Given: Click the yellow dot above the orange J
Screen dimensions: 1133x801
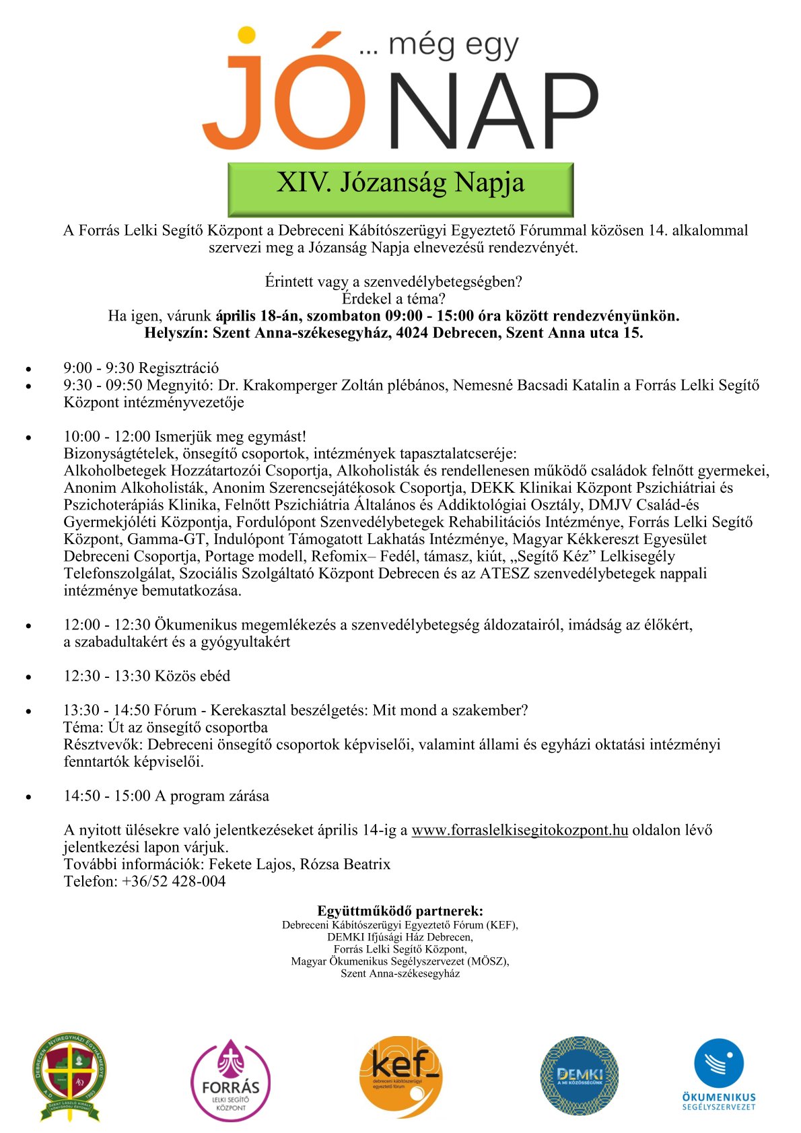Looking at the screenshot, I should pyautogui.click(x=246, y=34).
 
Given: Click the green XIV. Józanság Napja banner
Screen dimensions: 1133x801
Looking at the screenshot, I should pyautogui.click(x=401, y=183).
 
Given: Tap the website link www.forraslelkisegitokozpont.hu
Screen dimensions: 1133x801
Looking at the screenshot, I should pyautogui.click(x=520, y=830).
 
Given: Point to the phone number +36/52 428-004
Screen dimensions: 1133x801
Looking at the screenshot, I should pyautogui.click(x=174, y=881).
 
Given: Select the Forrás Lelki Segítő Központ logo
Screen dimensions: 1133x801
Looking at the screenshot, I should pyautogui.click(x=231, y=1080).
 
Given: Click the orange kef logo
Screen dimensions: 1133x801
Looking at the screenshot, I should pyautogui.click(x=401, y=1077).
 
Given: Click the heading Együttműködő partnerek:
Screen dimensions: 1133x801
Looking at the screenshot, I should pyautogui.click(x=401, y=912).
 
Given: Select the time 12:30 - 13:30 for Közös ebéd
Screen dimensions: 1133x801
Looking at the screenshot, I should pyautogui.click(x=107, y=676).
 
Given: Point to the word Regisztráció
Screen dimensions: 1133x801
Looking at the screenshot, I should pyautogui.click(x=179, y=368).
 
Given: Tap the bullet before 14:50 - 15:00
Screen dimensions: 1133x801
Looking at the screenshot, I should pyautogui.click(x=28, y=797).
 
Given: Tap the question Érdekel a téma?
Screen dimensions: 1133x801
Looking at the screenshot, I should pyautogui.click(x=394, y=299).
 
